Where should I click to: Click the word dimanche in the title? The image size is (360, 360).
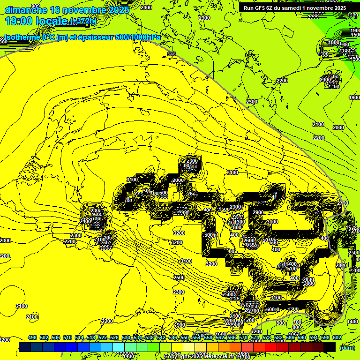pos(26,9)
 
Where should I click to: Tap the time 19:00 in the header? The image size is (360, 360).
pos(20,21)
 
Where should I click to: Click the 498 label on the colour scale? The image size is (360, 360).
pos(32,337)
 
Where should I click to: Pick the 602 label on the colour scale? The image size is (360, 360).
pos(337,337)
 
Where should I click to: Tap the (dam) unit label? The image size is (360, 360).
pos(347,348)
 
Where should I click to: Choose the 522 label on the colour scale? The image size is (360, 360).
pos(103,337)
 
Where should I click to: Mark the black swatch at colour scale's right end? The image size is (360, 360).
pos(330,347)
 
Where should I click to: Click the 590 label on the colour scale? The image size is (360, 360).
pos(302,337)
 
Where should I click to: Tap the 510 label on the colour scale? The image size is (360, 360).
pos(67,337)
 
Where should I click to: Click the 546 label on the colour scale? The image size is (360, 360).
pos(173,337)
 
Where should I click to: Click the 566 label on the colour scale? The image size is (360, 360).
pos(232,337)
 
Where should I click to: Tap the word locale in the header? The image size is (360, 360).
pos(52,21)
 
